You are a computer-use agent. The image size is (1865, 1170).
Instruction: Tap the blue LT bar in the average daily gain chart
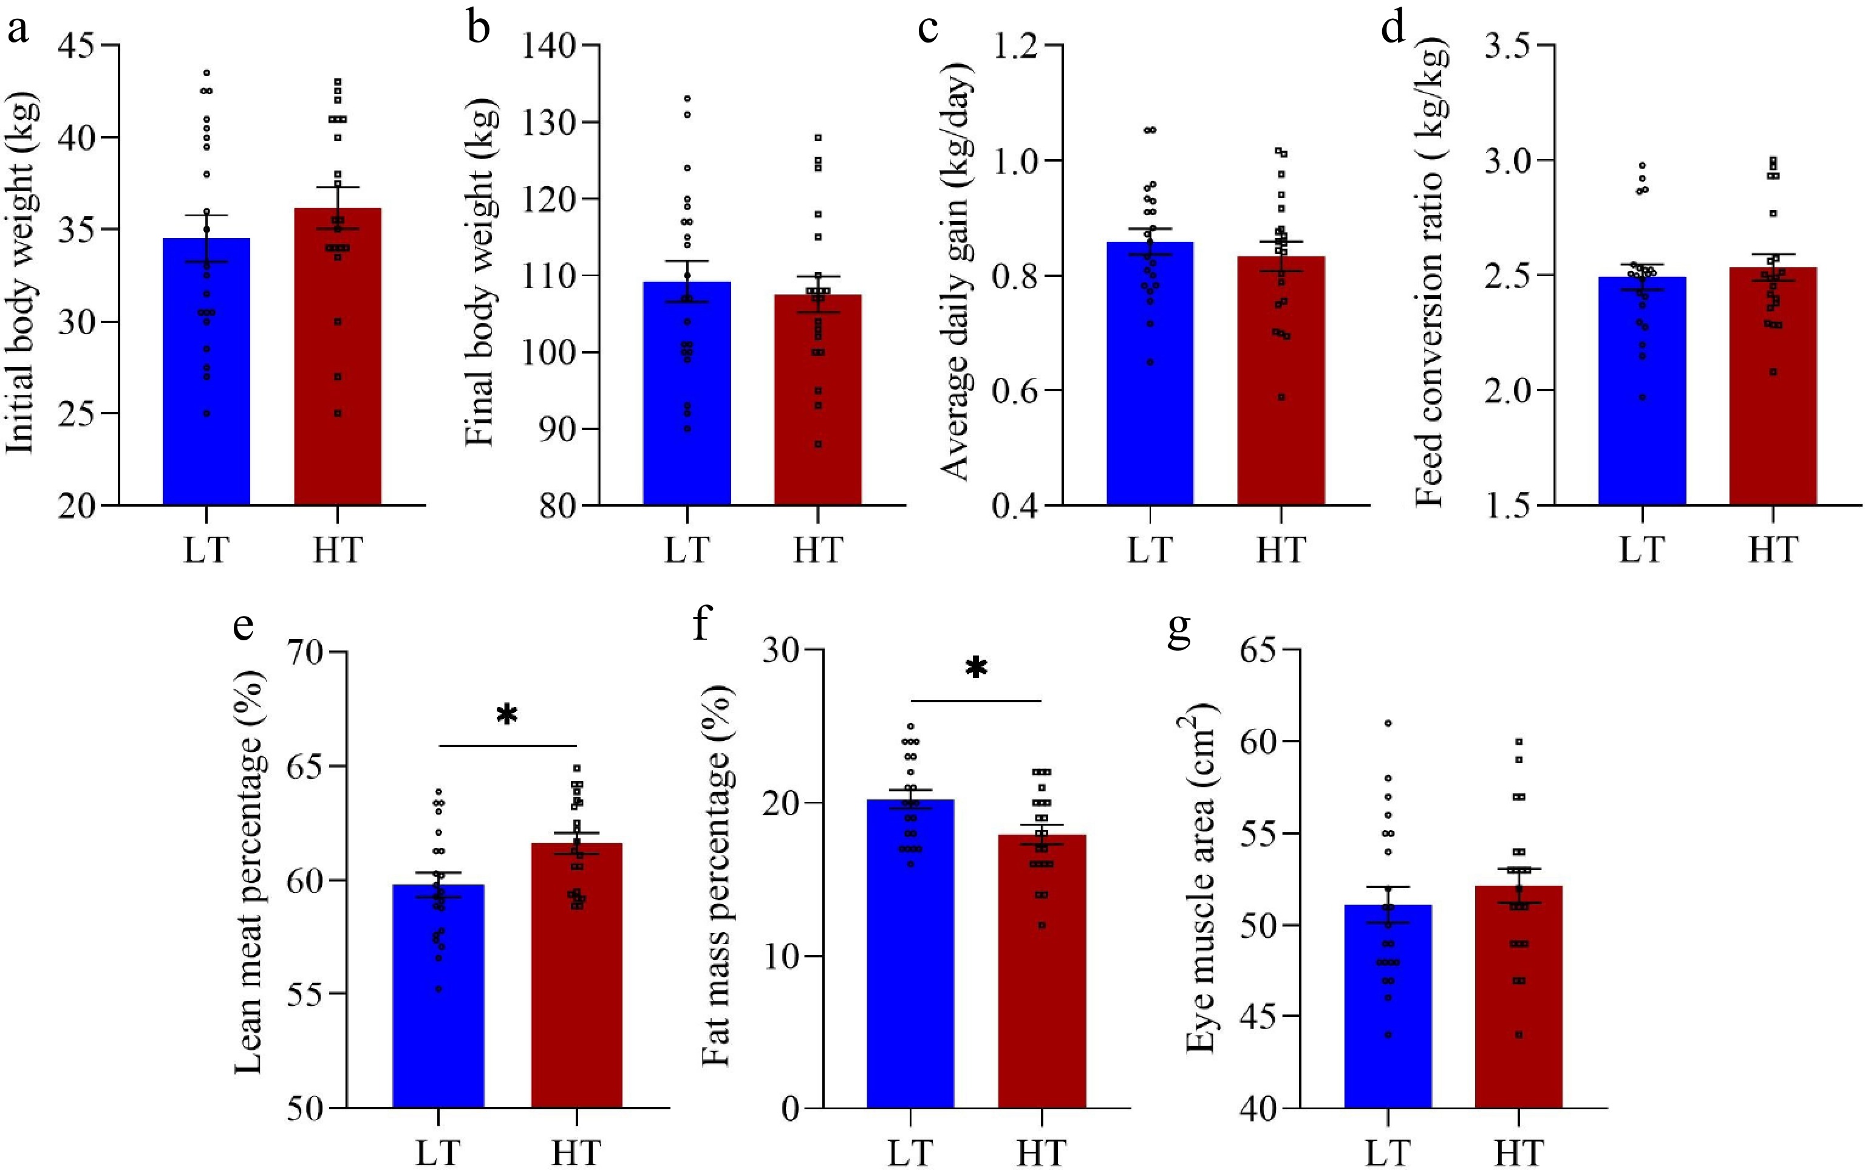point(1150,387)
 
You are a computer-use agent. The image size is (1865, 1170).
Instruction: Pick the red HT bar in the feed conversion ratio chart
point(1772,402)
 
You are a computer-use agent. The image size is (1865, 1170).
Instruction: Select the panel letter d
point(1393,29)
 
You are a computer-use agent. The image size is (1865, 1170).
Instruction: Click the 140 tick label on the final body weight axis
point(549,46)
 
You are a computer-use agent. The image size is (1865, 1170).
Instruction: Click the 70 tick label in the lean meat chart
point(311,652)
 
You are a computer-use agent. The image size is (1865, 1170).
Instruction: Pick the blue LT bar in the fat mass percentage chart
point(910,967)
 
